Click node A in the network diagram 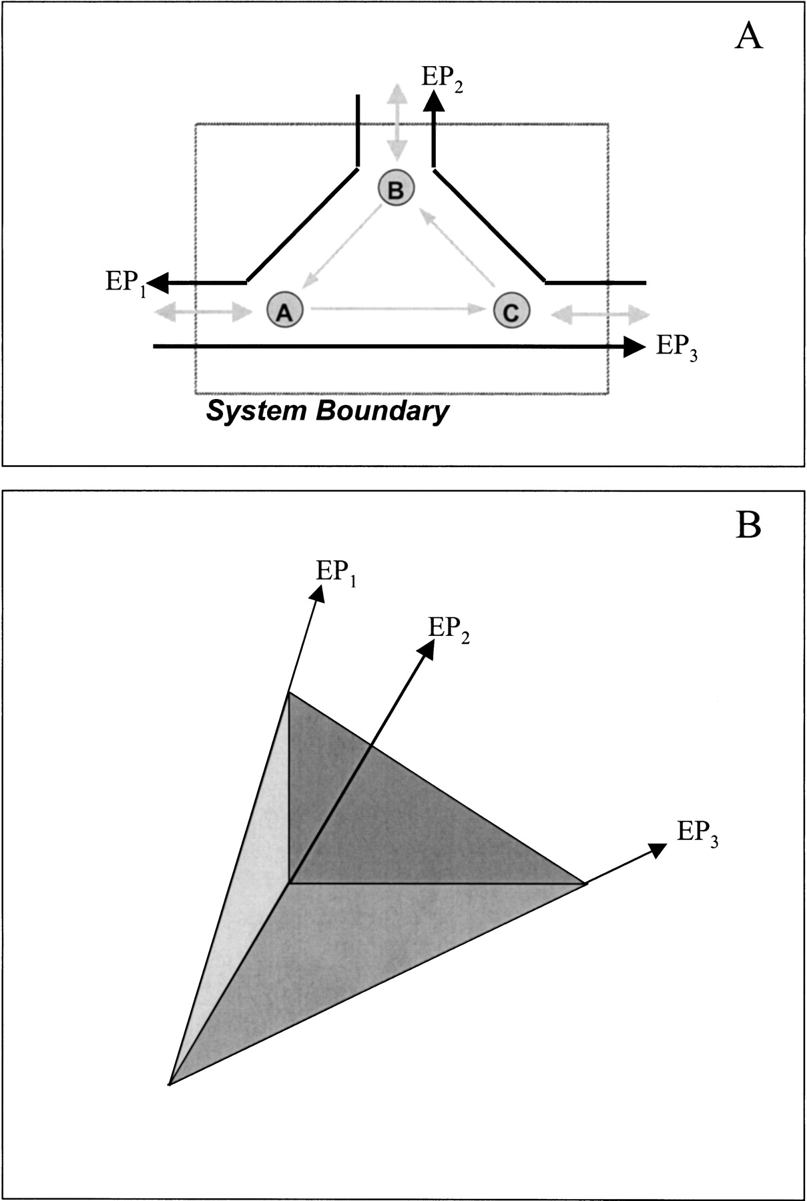pos(285,310)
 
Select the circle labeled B pos(396,189)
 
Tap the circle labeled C pos(511,311)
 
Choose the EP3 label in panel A pos(677,347)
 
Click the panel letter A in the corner pos(748,37)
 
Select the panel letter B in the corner pos(748,526)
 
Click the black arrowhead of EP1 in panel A pos(158,284)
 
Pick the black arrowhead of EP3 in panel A pos(634,346)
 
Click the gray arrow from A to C pos(398,308)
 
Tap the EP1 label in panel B pos(336,573)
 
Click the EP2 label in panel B pos(449,629)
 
